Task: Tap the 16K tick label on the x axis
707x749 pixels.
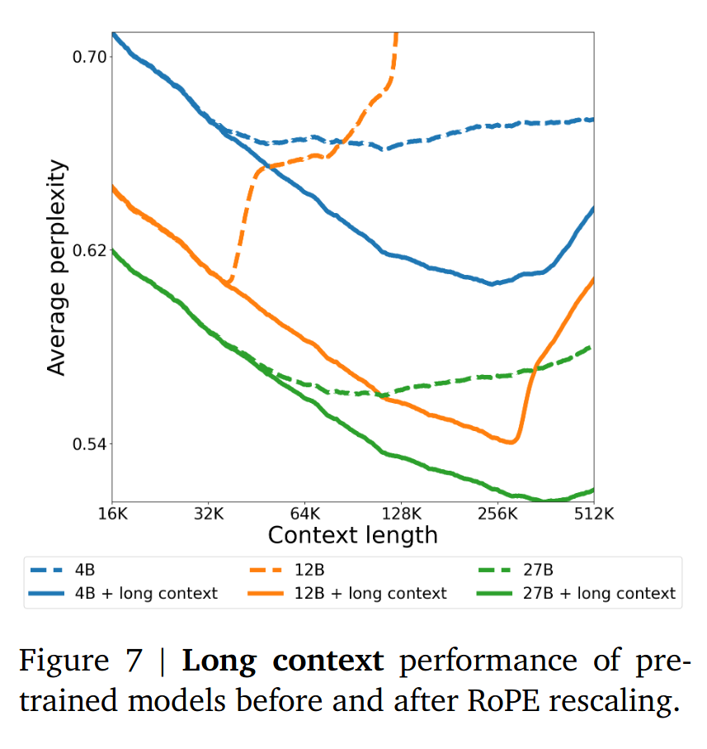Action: (112, 513)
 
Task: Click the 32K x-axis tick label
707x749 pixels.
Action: (209, 513)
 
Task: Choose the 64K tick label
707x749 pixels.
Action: (305, 513)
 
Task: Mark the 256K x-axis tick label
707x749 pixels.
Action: (497, 513)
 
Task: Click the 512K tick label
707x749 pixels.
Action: (594, 513)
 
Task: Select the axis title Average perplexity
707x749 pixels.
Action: (56, 268)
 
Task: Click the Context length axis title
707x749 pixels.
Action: (353, 535)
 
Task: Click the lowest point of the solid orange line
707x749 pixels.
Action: (511, 443)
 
